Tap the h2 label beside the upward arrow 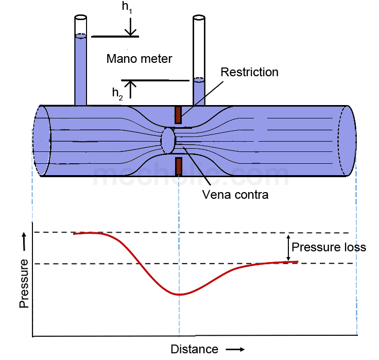coord(118,93)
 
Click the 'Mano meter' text coord(139,58)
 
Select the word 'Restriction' coord(249,72)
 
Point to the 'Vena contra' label coord(228,195)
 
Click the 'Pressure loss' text coord(329,247)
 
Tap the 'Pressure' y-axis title coord(24,284)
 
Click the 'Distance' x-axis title coord(194,349)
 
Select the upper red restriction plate coord(178,115)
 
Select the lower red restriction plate coord(178,166)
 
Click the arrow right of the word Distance coord(235,350)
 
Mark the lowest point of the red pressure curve coord(178,295)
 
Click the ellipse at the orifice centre coord(168,141)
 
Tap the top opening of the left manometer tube coord(80,18)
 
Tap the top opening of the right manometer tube coord(199,19)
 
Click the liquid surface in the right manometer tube coord(199,80)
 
